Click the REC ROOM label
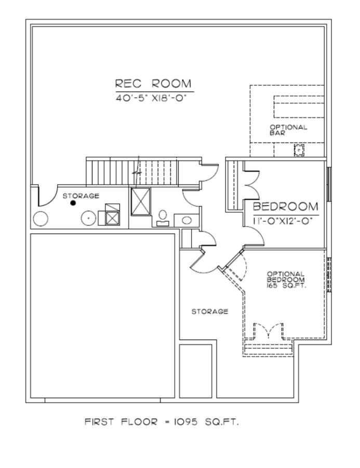point(153,83)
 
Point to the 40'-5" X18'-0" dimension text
point(151,98)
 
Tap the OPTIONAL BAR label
point(288,130)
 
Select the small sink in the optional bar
point(299,150)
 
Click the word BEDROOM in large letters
point(285,206)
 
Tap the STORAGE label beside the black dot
point(81,196)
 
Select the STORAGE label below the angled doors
point(210,311)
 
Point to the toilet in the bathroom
point(163,218)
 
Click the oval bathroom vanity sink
point(186,220)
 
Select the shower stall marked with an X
point(141,201)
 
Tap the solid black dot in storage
point(73,203)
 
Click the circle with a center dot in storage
point(89,218)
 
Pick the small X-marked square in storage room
point(113,218)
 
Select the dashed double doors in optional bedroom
point(269,330)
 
